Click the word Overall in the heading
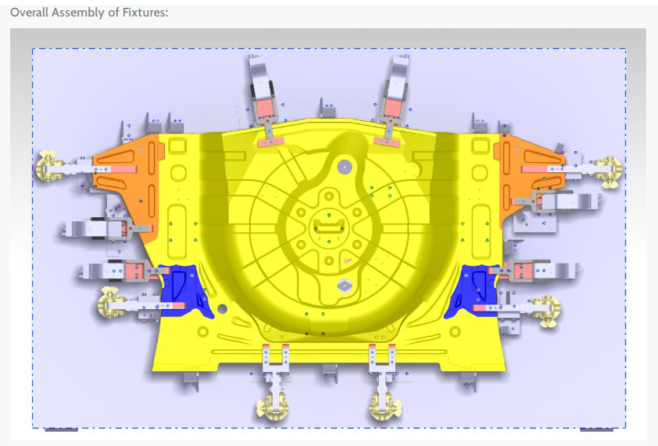pos(31,13)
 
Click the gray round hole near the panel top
pos(343,167)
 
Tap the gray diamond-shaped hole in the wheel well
pos(344,286)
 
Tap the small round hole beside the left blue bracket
pos(222,308)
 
